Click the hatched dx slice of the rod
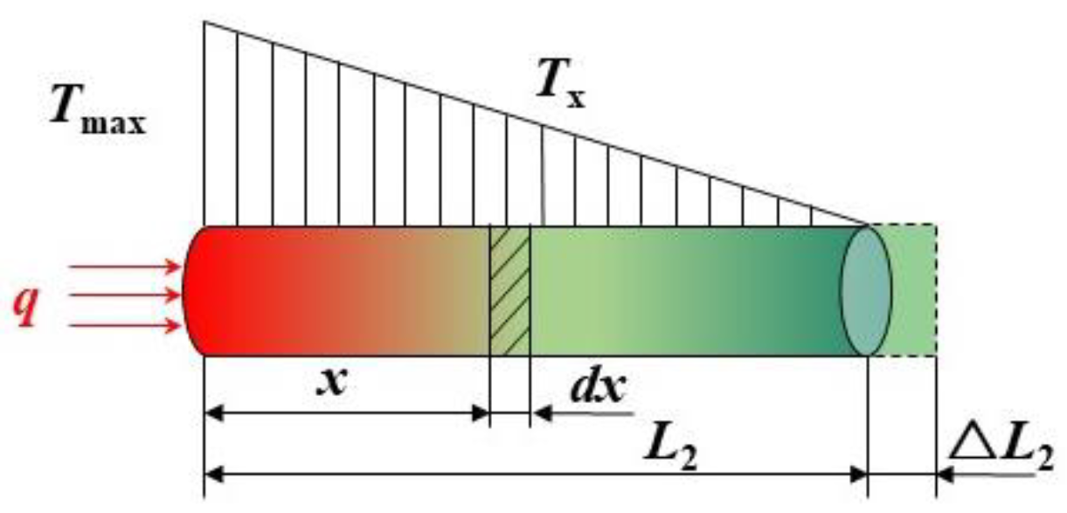[509, 291]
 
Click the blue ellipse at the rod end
[865, 291]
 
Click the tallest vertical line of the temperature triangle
[204, 122]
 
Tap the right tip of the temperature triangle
[865, 224]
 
